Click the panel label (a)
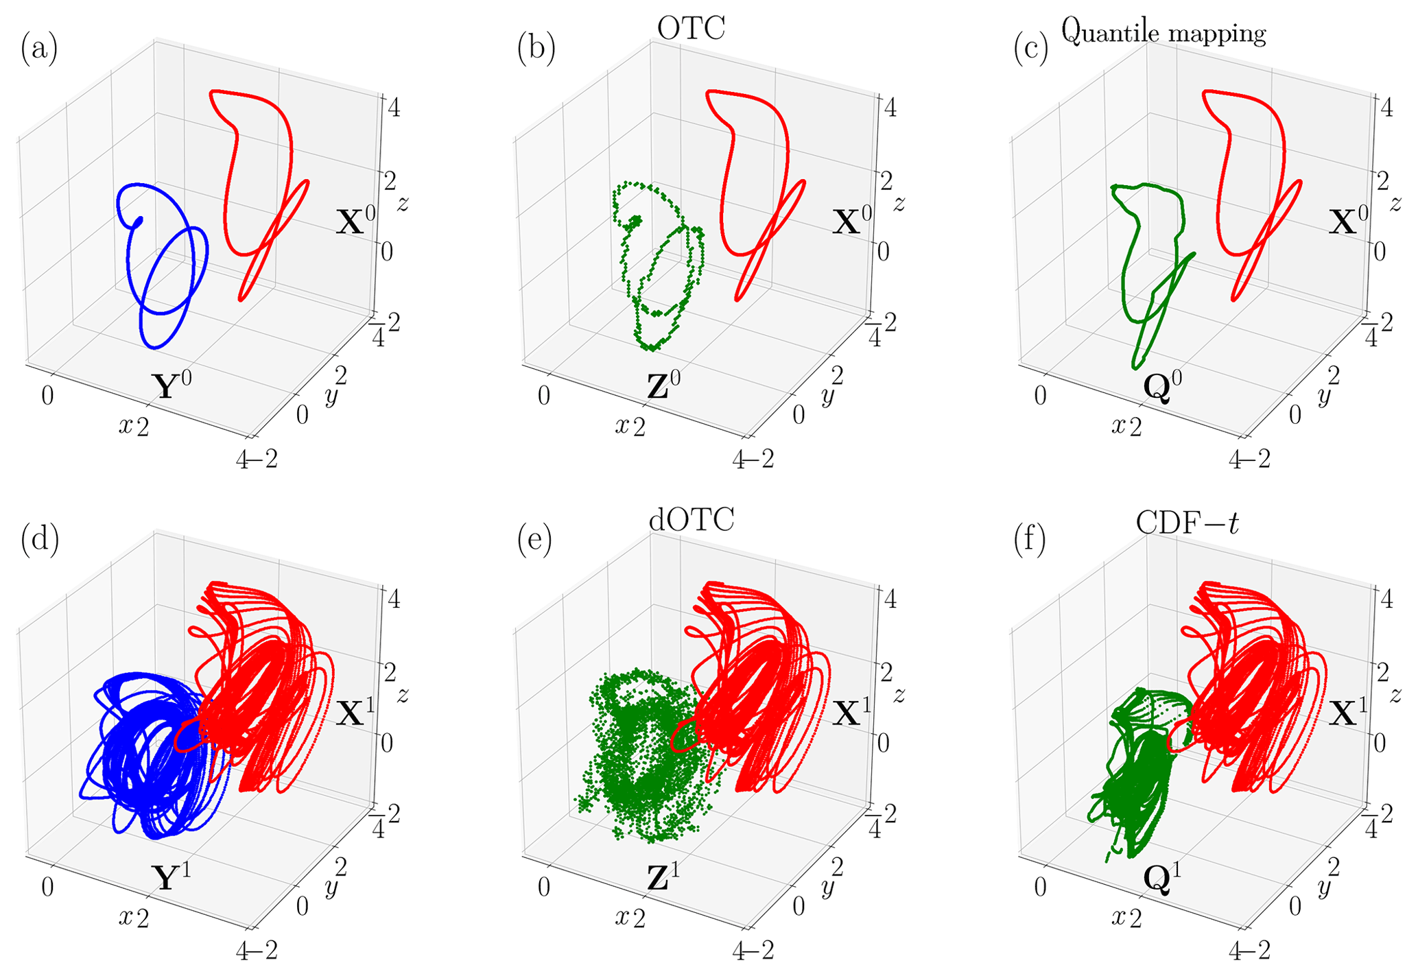click(x=39, y=50)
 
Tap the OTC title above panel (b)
click(x=691, y=28)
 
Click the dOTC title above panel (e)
click(x=691, y=520)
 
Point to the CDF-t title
click(x=1187, y=523)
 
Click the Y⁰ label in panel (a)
click(x=170, y=385)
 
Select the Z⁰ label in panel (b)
click(x=666, y=385)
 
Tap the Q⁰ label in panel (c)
click(x=1163, y=385)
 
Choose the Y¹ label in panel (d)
click(x=170, y=877)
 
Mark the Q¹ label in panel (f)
click(x=1163, y=877)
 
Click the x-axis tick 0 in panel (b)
click(x=544, y=396)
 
